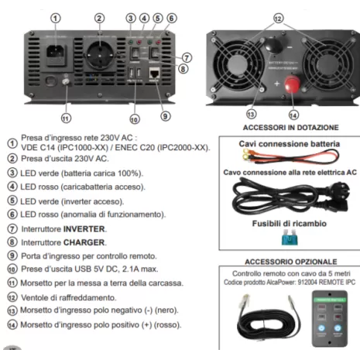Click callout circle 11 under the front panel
[65, 118]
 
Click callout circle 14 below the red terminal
[293, 114]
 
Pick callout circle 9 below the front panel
[165, 116]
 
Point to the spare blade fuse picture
[290, 239]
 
